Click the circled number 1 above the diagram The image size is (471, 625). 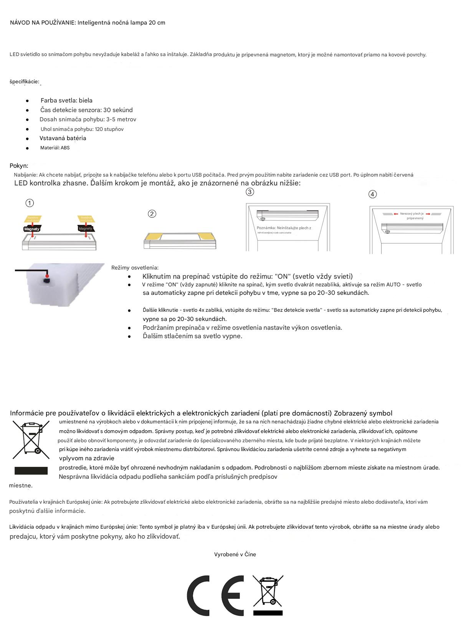(30, 203)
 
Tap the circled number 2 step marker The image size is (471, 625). (152, 214)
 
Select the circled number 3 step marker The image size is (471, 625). (250, 192)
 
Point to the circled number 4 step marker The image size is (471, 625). (372, 194)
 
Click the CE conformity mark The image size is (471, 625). (215, 595)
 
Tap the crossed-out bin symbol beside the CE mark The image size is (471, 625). (268, 595)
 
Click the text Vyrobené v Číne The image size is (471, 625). (235, 554)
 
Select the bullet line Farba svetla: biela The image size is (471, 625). (66, 101)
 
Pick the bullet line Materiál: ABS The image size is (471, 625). (55, 148)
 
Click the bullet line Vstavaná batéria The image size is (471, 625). (63, 138)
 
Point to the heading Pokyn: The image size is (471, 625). (19, 166)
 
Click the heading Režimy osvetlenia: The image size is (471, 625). (135, 268)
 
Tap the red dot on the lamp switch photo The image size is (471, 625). (47, 276)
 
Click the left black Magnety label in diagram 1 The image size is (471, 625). (31, 229)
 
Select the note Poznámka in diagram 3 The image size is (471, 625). (284, 228)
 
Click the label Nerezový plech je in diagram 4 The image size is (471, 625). (412, 214)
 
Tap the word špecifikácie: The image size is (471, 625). (25, 82)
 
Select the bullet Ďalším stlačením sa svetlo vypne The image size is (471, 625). (192, 336)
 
